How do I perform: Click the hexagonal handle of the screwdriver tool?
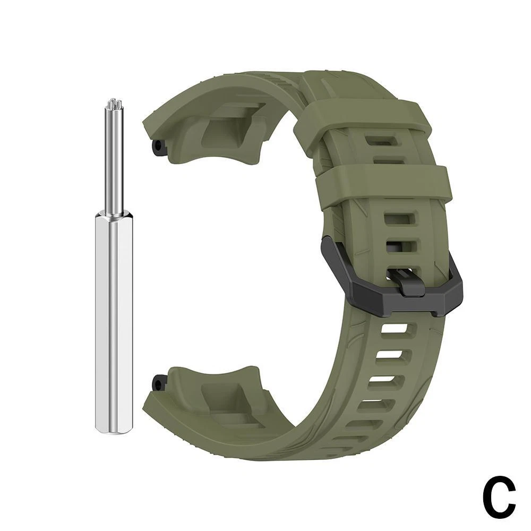tap(114, 322)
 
